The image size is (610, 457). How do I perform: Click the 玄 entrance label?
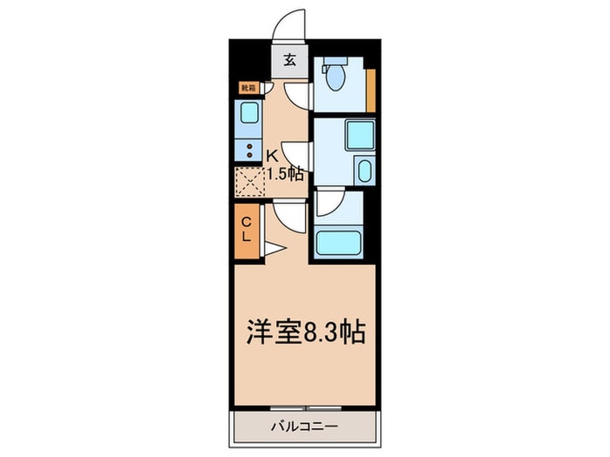pyautogui.click(x=289, y=62)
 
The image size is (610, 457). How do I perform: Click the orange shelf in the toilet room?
pyautogui.click(x=370, y=90)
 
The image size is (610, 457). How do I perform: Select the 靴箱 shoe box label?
pyautogui.click(x=248, y=88)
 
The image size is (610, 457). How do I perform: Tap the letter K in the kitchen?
pyautogui.click(x=273, y=156)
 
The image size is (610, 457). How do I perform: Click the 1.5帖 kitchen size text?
pyautogui.click(x=285, y=173)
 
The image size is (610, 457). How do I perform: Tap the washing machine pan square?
pyautogui.click(x=356, y=137)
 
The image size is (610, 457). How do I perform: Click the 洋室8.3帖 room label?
pyautogui.click(x=303, y=333)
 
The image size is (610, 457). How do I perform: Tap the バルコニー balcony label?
pyautogui.click(x=304, y=427)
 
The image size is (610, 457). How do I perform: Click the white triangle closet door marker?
pyautogui.click(x=270, y=250)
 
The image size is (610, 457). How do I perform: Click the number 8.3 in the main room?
pyautogui.click(x=315, y=333)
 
